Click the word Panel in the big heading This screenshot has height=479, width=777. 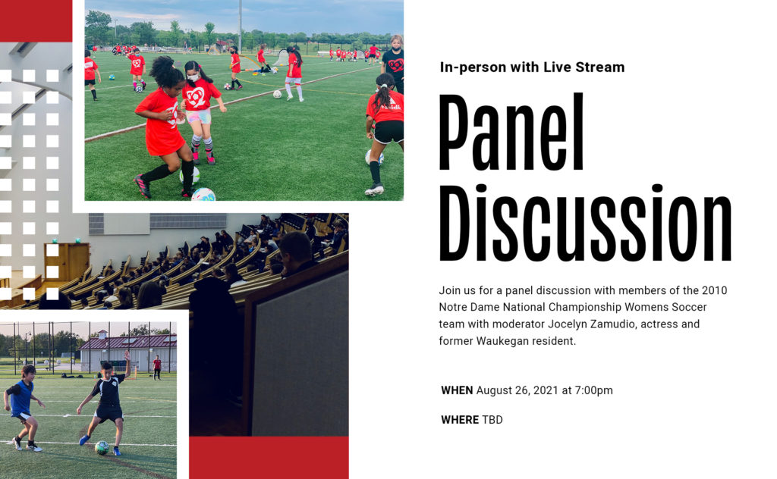[511, 133]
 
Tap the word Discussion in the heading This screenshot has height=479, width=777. [585, 223]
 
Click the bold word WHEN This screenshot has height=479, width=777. [457, 390]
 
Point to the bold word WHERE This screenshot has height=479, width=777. [460, 420]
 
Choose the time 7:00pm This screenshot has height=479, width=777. [593, 390]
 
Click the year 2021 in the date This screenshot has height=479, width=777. [546, 390]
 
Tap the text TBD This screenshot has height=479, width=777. [492, 420]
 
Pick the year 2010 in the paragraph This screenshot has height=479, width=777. [715, 290]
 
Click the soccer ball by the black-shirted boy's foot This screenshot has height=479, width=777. [102, 447]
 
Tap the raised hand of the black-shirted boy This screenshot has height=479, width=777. [127, 355]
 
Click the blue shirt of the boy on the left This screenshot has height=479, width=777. [21, 398]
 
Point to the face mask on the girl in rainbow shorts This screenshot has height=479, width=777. [193, 77]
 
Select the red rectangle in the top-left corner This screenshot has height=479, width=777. [36, 20]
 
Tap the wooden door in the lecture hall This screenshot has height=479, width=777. [67, 261]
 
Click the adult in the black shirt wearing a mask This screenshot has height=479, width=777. [394, 62]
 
